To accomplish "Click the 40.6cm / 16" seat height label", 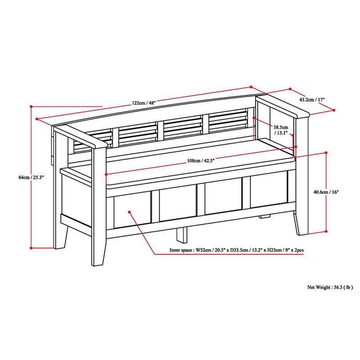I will coord(314,192).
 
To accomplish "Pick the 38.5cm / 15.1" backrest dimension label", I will coord(282,130).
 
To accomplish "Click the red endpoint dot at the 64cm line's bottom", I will coord(31,247).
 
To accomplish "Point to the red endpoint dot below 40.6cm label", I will coord(325,232).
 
